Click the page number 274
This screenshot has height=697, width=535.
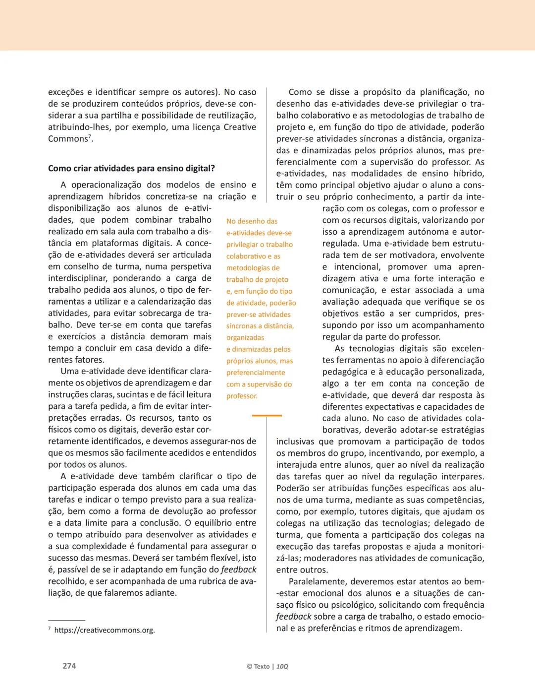pyautogui.click(x=69, y=666)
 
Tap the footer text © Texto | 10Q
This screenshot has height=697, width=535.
pyautogui.click(x=267, y=666)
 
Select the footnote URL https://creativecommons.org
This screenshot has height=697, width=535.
pyautogui.click(x=105, y=630)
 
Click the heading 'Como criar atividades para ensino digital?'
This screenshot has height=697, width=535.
pyautogui.click(x=131, y=168)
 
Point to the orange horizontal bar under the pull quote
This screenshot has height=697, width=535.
pyautogui.click(x=267, y=415)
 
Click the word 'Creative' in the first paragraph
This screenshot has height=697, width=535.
pyautogui.click(x=240, y=127)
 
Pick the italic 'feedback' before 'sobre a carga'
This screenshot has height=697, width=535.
pyautogui.click(x=294, y=617)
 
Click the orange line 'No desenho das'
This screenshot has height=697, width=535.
pyautogui.click(x=252, y=221)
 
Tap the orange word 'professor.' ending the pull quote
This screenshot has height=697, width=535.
pyautogui.click(x=242, y=396)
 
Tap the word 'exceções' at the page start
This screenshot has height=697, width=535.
pyautogui.click(x=66, y=92)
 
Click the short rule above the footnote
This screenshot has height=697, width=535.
pyautogui.click(x=66, y=620)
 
